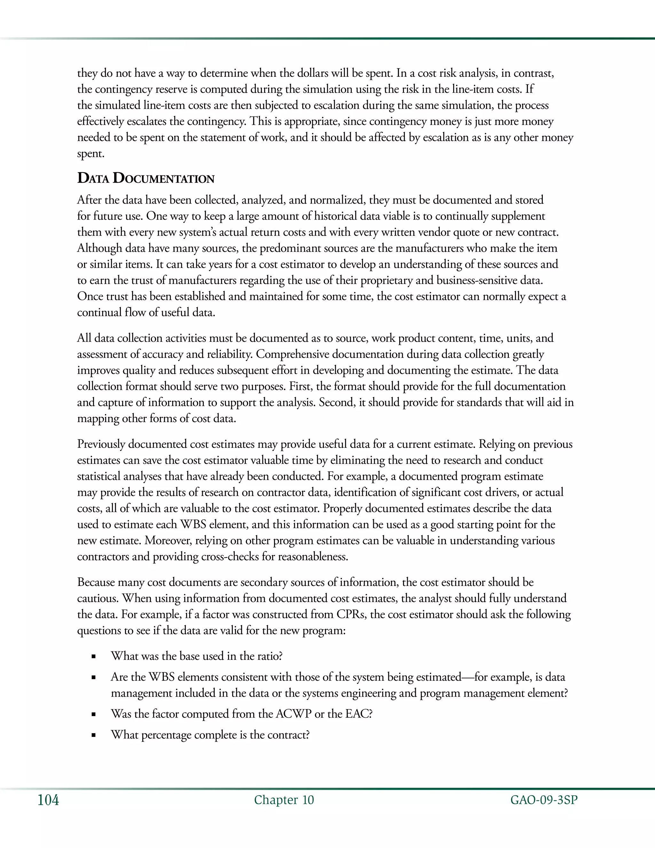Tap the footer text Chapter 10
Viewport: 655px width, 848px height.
click(x=284, y=800)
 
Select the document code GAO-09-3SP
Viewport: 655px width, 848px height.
click(x=544, y=800)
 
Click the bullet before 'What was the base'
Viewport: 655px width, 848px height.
click(x=93, y=657)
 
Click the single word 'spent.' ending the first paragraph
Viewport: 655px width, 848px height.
click(x=91, y=154)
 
